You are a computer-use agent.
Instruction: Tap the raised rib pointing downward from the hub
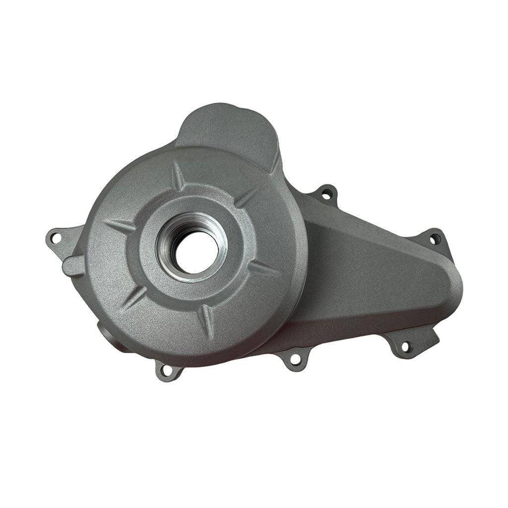point(207,317)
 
